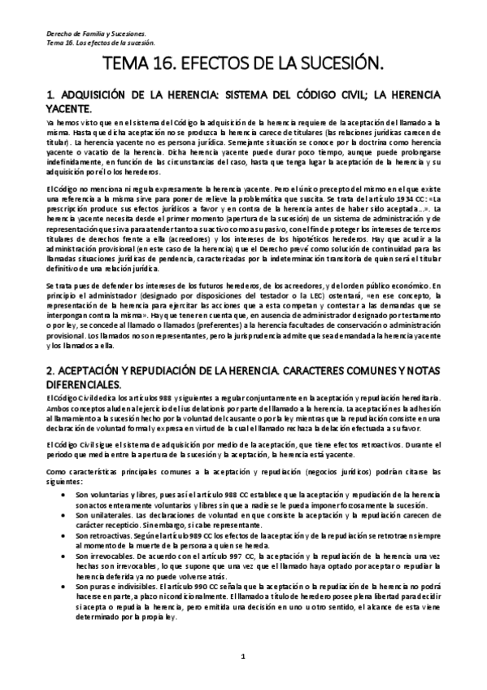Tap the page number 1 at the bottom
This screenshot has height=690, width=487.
coord(243,656)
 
